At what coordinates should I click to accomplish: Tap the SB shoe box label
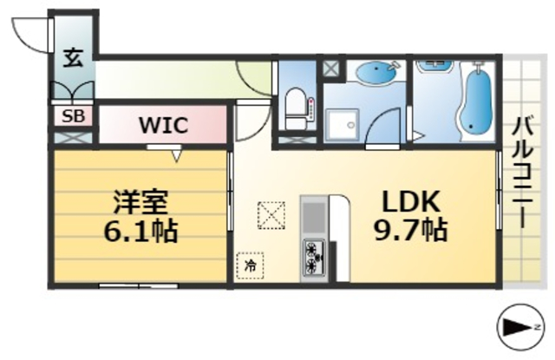[x=72, y=115]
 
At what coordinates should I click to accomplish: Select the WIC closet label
[x=164, y=125]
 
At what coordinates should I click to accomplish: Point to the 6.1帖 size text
[x=140, y=232]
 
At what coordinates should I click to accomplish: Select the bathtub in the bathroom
[x=473, y=101]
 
